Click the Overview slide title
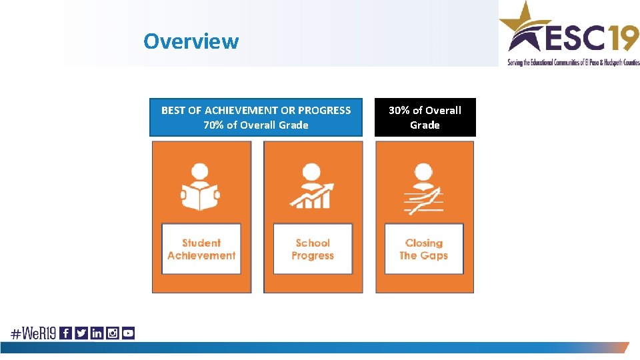click(191, 41)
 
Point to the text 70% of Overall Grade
click(256, 125)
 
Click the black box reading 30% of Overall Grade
click(425, 117)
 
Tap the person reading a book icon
click(201, 186)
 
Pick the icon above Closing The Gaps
click(424, 189)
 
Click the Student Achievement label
click(201, 249)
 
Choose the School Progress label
click(313, 249)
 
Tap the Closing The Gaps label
click(424, 249)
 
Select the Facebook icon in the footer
click(65, 333)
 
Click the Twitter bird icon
click(81, 333)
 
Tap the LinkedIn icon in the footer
click(97, 333)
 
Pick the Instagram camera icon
click(113, 333)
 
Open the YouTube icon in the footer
click(128, 333)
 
